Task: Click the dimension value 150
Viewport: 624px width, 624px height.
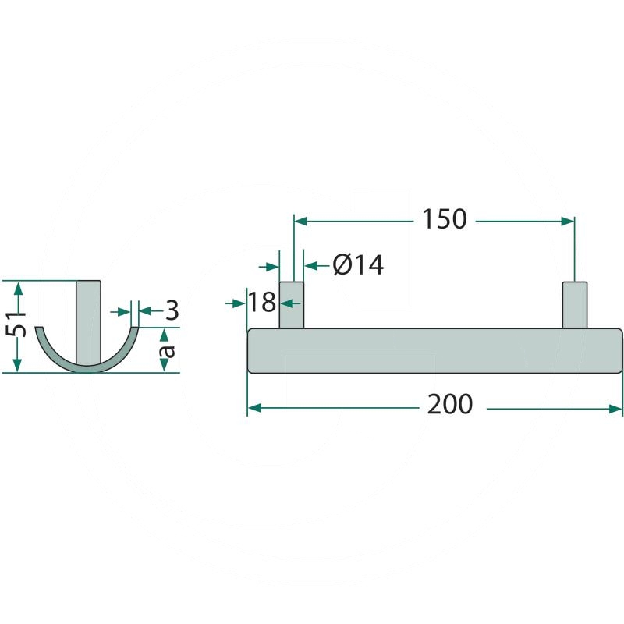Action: coord(444,220)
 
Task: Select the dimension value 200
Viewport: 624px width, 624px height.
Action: coord(450,405)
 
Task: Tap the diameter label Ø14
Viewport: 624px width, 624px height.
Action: coord(358,265)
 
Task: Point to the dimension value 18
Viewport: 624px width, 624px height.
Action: coord(263,301)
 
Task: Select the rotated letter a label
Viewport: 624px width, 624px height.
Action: coord(165,351)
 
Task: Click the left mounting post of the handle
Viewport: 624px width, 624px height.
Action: coord(291,305)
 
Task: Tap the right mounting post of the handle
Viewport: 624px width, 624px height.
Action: coord(575,305)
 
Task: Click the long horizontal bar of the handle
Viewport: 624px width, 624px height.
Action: coord(435,351)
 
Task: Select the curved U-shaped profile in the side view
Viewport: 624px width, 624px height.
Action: coord(55,351)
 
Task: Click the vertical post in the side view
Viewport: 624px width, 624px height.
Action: coord(88,320)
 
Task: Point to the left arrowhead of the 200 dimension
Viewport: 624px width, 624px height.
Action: coord(253,407)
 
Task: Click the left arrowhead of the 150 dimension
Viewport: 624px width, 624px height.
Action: coord(300,222)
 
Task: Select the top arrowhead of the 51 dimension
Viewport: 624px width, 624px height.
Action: coord(19,286)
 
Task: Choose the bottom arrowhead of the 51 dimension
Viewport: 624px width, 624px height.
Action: coord(19,367)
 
